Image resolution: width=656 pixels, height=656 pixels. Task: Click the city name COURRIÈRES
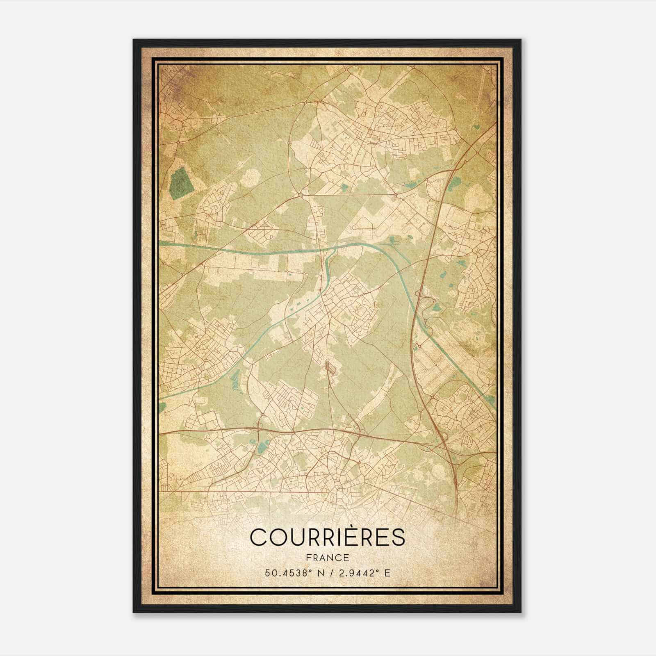coord(327,537)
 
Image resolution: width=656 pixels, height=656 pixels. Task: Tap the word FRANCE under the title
coord(327,558)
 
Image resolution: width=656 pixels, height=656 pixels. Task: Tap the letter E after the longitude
coord(387,573)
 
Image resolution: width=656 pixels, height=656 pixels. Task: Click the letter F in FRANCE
coord(308,558)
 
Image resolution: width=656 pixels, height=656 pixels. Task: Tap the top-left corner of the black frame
coord(134,40)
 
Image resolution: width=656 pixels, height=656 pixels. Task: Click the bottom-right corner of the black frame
coord(521,613)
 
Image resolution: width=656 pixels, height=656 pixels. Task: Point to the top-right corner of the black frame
coord(521,40)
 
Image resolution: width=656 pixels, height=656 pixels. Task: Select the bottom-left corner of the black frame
coord(134,613)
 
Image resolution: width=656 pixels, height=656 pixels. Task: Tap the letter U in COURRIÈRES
coord(298,537)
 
